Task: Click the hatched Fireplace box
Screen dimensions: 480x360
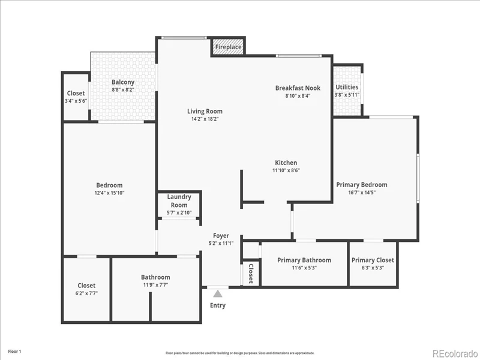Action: coord(228,47)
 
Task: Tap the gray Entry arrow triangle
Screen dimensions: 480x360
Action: coord(218,294)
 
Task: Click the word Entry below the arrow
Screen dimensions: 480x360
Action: coord(218,305)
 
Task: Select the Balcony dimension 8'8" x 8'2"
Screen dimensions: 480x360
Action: coord(123,89)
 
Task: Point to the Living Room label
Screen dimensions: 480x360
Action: coord(205,111)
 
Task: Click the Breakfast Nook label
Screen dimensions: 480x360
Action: coord(298,88)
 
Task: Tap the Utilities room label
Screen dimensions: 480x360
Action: coord(347,87)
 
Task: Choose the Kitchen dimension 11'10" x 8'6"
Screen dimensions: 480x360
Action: coord(286,170)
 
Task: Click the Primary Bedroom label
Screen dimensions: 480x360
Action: coord(362,185)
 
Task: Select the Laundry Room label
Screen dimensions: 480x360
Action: coord(179,201)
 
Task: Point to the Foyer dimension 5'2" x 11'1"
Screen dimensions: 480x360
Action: coord(221,244)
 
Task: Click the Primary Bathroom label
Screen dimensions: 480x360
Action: coord(304,260)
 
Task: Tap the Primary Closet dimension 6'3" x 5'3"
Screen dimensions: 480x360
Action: coord(373,268)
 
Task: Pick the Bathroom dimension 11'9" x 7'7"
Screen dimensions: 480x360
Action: coord(155,285)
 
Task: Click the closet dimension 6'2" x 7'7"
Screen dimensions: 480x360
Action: coord(86,293)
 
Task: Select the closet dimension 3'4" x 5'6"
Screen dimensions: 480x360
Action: coord(76,101)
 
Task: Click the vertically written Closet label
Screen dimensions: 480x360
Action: coord(251,274)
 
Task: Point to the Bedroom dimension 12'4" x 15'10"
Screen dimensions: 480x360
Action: coord(109,193)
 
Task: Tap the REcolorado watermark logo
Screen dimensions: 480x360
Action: coord(455,353)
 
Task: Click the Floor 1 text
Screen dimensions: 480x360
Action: coord(14,352)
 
